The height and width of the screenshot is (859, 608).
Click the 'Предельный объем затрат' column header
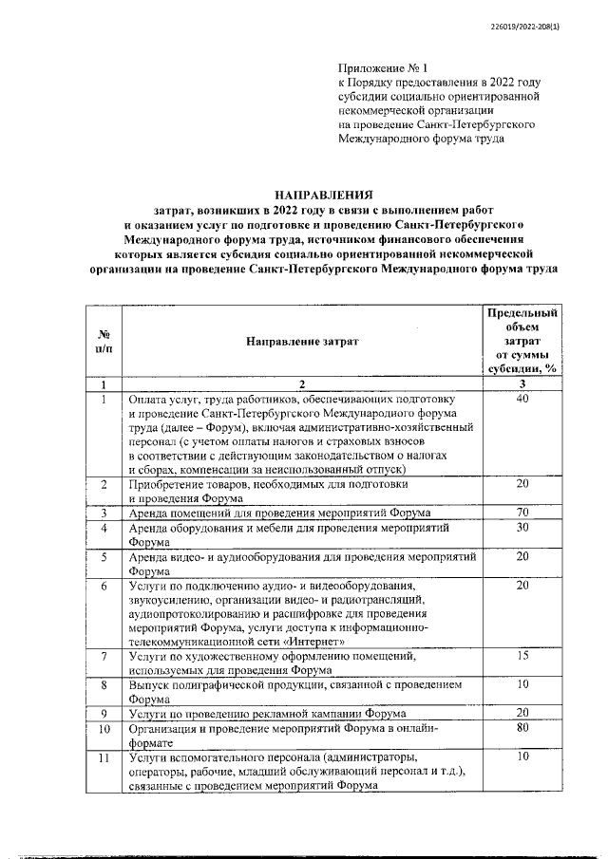[x=521, y=339]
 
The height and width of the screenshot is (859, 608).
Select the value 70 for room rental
[x=521, y=514]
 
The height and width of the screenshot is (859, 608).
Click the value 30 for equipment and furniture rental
[x=521, y=529]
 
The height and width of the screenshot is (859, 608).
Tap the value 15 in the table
[x=521, y=656]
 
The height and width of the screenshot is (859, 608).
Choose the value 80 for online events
[x=521, y=728]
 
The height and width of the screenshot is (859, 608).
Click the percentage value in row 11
[x=521, y=757]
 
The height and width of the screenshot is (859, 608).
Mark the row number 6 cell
[x=104, y=587]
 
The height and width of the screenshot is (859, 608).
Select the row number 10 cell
[x=104, y=729]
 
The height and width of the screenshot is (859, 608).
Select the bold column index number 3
[x=521, y=383]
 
